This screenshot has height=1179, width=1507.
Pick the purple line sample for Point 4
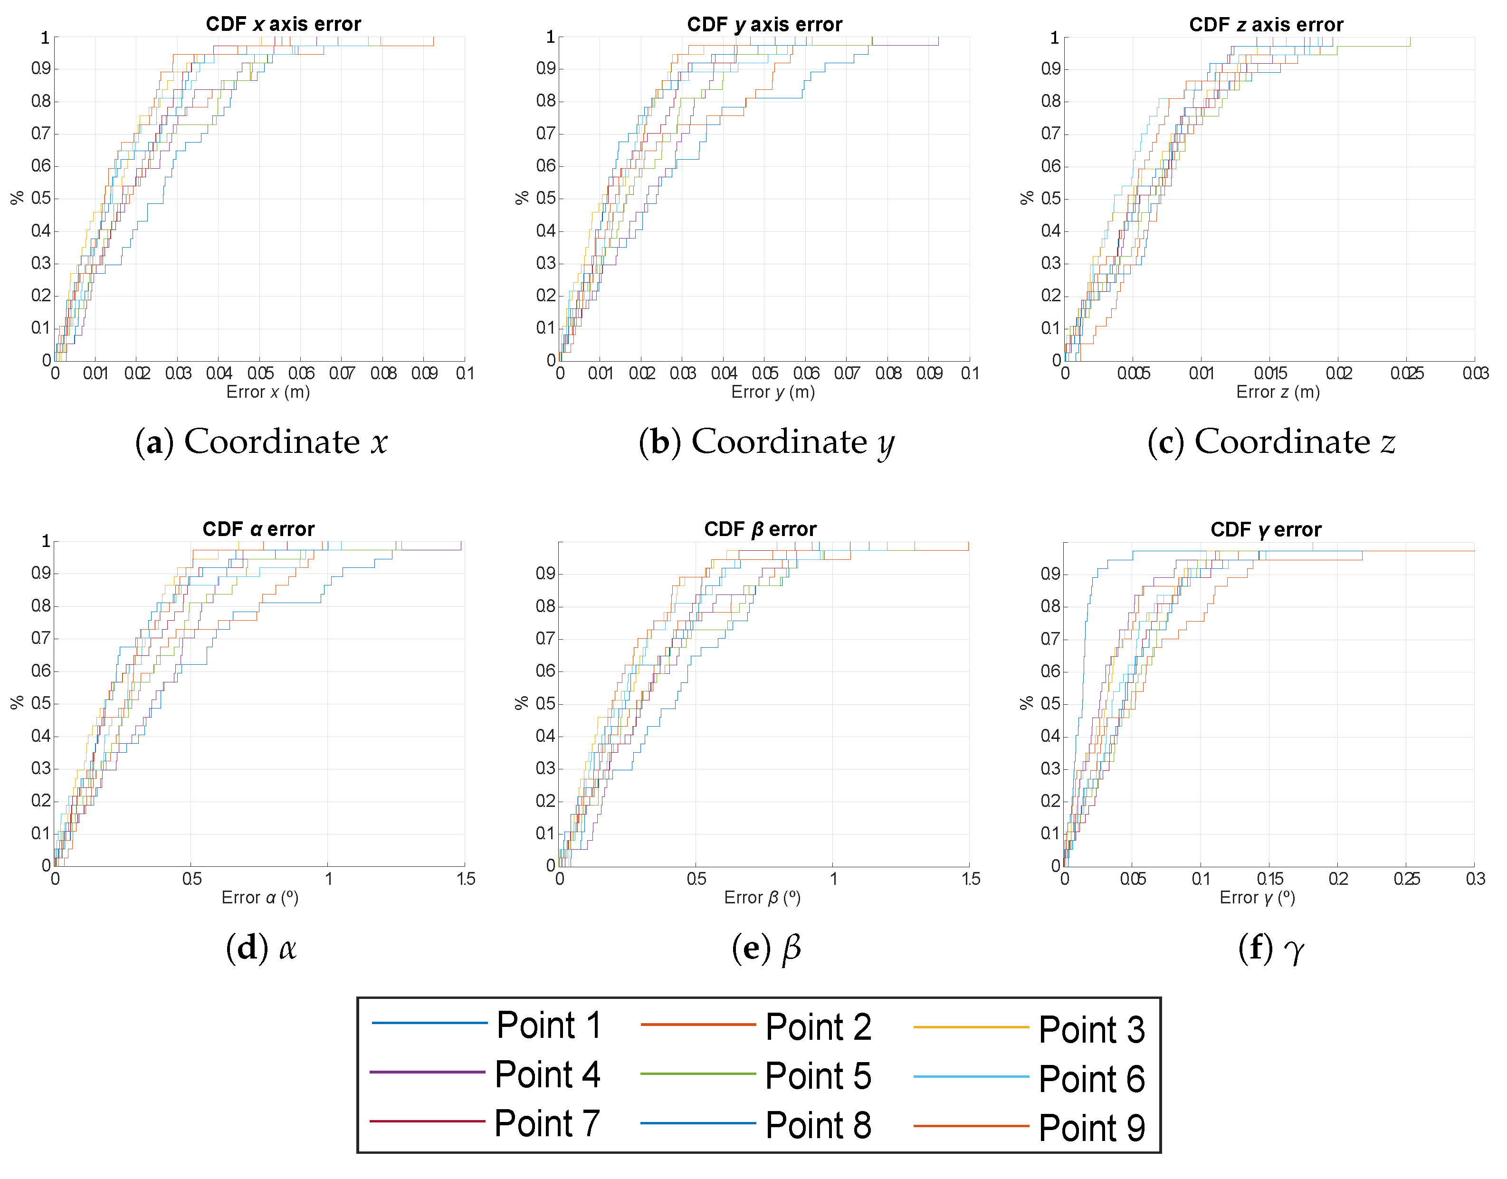[427, 1072]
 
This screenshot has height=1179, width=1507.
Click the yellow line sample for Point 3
[971, 1028]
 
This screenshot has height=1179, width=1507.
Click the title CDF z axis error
[1266, 25]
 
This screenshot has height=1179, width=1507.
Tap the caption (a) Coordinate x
[261, 442]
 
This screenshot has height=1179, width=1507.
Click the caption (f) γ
[1270, 949]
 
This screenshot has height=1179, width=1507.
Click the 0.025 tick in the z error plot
[1406, 374]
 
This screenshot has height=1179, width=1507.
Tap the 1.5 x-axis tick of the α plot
[466, 879]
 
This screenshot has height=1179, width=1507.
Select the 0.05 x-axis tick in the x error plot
[260, 374]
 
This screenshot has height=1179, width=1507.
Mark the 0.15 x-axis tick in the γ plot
[1269, 879]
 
